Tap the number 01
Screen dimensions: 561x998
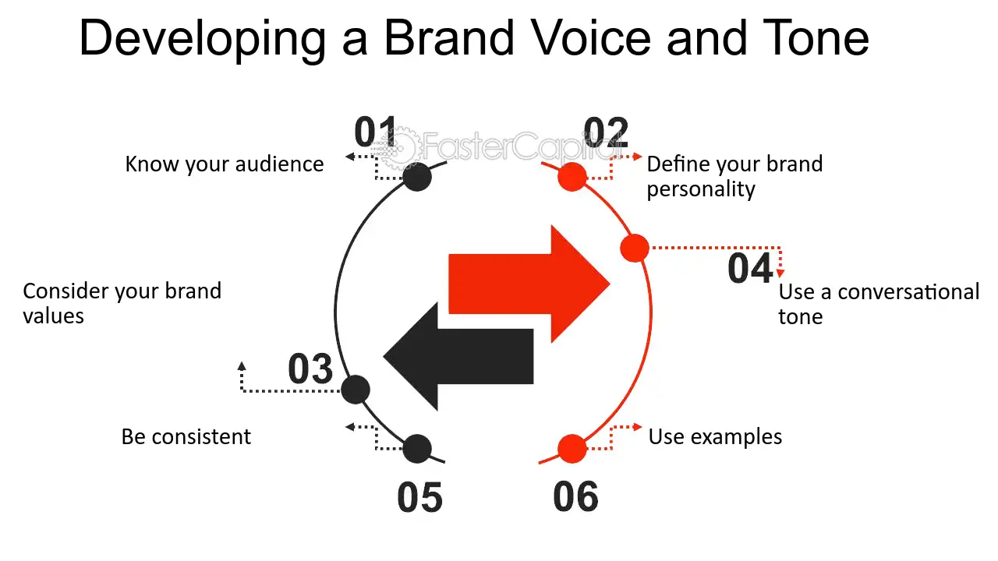(376, 132)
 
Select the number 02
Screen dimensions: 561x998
(606, 133)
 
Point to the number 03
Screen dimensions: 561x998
(310, 369)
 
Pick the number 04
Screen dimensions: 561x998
(750, 269)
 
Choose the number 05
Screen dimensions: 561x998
(419, 498)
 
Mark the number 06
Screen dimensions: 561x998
(576, 497)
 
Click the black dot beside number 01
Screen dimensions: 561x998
(417, 178)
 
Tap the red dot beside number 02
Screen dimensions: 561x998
(572, 178)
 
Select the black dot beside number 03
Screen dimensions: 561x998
(356, 389)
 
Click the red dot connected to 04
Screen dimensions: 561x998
(635, 249)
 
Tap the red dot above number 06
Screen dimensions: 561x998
(572, 449)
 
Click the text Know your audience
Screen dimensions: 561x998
(225, 164)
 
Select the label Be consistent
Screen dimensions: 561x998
(186, 436)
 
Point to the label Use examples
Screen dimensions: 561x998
(715, 436)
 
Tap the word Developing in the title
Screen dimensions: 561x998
(203, 39)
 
